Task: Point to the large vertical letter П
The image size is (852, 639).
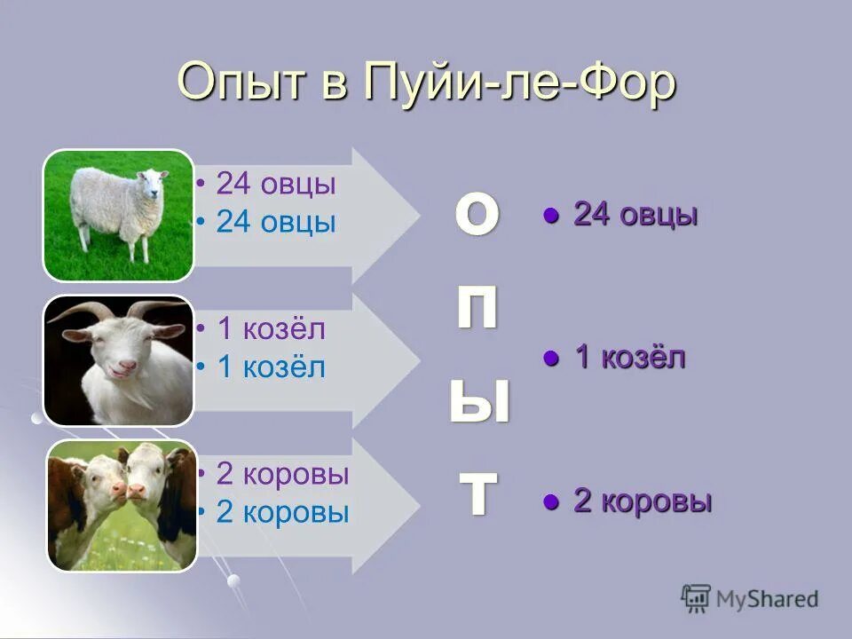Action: (x=477, y=308)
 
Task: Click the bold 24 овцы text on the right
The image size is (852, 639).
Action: (x=635, y=215)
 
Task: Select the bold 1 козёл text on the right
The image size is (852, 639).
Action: (x=629, y=359)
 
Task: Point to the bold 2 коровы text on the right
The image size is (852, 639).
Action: (x=642, y=501)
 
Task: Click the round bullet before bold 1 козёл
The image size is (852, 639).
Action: (x=551, y=359)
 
